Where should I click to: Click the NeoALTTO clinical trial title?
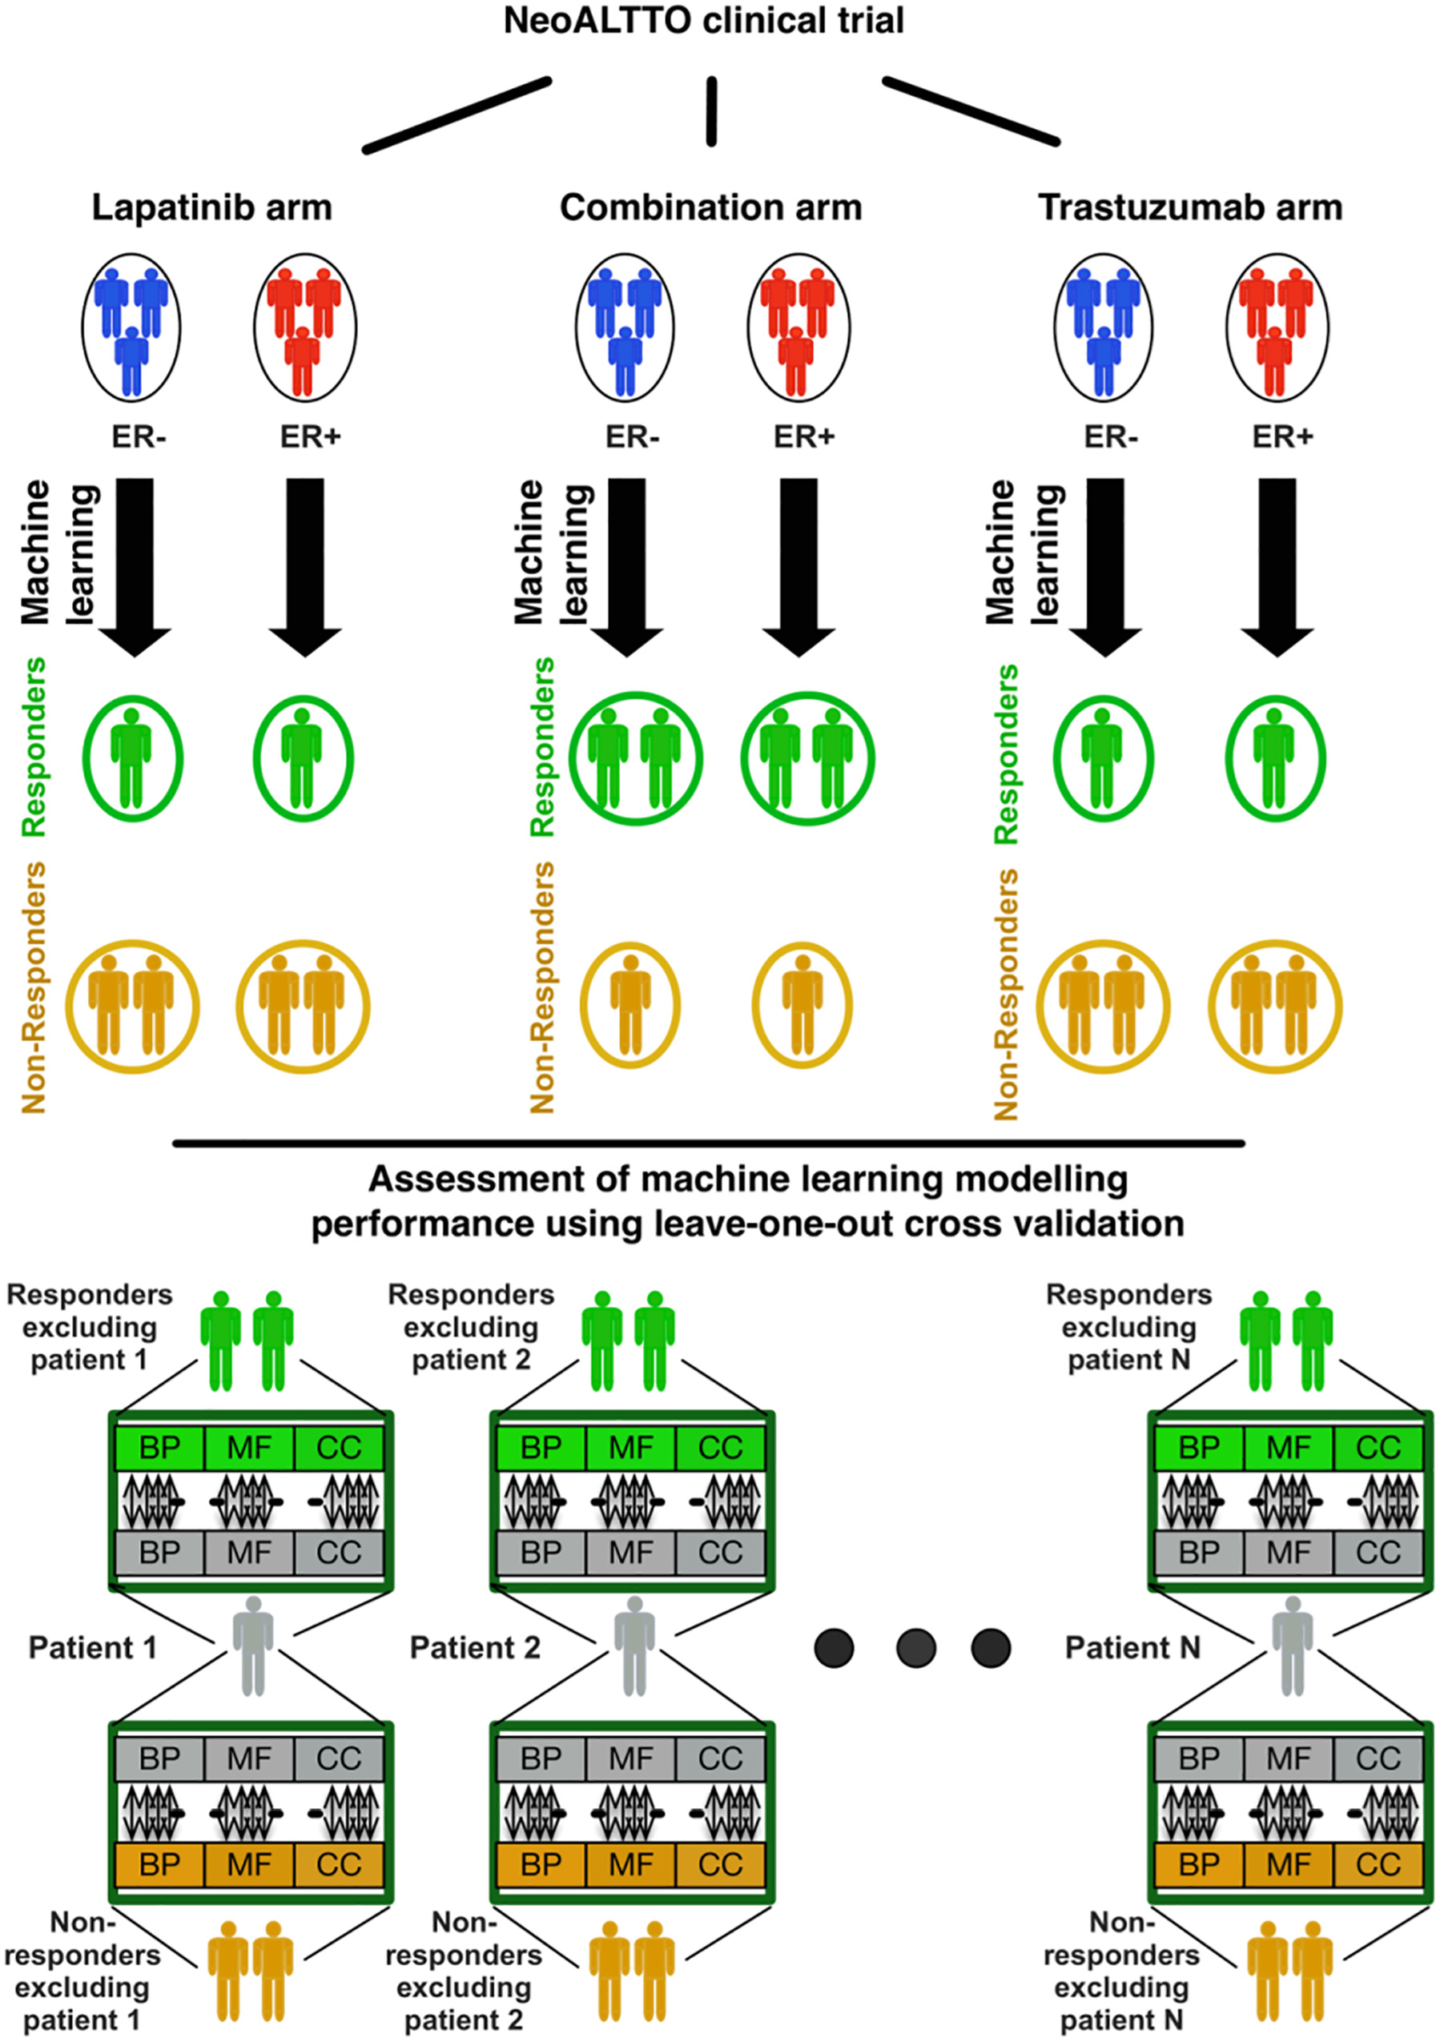703,21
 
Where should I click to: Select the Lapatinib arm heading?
211,208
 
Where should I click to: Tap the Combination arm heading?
710,208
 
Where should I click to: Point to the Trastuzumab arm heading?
1190,208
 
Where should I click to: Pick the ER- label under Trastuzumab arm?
1110,437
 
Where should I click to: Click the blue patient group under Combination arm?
625,328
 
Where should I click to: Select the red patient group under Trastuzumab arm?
1277,328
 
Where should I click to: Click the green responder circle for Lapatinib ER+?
303,758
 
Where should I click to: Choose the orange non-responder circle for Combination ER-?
629,1005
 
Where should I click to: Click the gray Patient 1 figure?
254,1646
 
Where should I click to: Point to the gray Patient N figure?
1293,1646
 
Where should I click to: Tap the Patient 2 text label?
474,1648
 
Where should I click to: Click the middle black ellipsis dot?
915,1647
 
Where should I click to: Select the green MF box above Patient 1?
249,1448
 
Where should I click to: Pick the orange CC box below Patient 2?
719,1864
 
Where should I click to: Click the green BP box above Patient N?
1198,1448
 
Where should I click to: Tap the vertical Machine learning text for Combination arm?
552,552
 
